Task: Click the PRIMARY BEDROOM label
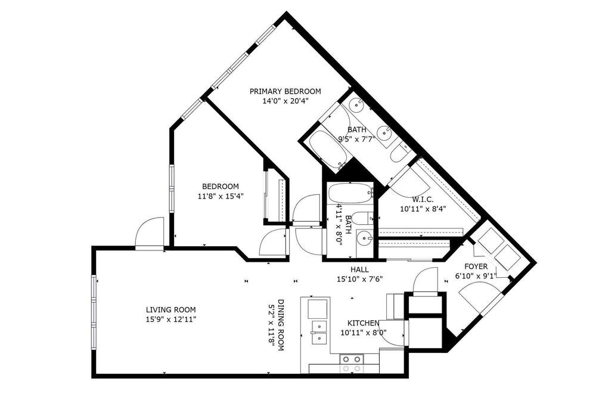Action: (285, 91)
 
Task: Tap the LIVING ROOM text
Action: (170, 310)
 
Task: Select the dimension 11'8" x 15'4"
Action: (221, 196)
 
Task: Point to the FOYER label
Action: (476, 266)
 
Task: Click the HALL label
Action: (359, 269)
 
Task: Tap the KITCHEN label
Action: (364, 323)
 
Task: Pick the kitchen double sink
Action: (318, 332)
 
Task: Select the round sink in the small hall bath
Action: (365, 238)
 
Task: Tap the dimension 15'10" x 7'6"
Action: (359, 279)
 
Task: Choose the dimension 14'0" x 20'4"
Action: (285, 101)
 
